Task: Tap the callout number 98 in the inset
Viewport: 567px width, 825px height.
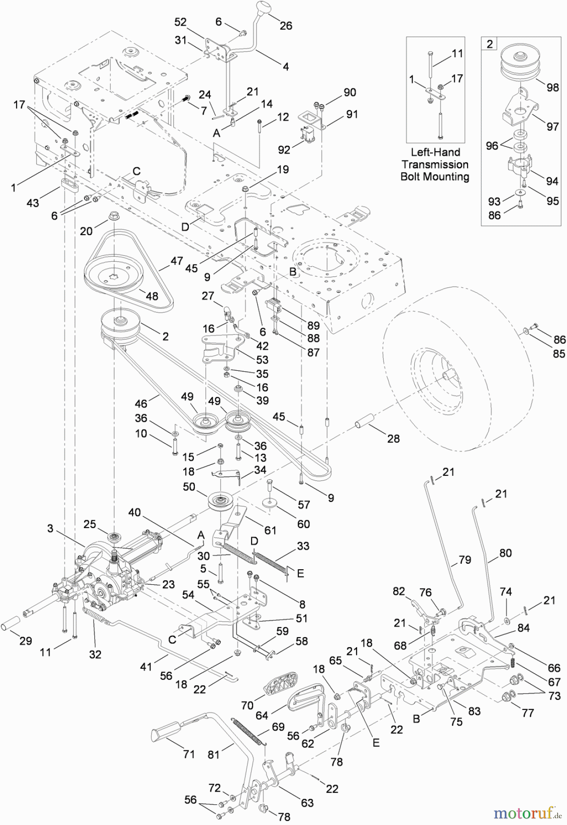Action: coord(553,87)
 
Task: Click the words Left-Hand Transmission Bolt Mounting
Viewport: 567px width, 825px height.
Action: coord(435,165)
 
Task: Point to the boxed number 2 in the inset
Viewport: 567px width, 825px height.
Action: coord(490,44)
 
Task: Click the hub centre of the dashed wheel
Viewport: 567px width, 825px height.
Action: coord(446,374)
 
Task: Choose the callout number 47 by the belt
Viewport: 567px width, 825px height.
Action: coord(176,261)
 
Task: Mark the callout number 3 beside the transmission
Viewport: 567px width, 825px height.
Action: coord(50,528)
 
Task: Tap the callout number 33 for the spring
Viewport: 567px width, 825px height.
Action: coord(303,546)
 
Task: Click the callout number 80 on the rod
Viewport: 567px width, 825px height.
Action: coord(505,553)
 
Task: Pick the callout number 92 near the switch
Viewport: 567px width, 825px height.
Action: coord(284,149)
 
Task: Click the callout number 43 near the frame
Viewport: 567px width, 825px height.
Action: coord(33,202)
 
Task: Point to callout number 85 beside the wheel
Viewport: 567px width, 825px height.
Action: coord(559,353)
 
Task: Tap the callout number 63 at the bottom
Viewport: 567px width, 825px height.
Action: coord(307,803)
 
